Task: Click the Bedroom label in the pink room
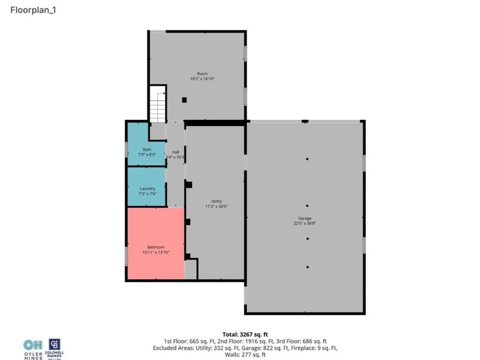pyautogui.click(x=155, y=247)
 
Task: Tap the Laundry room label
pyautogui.click(x=147, y=188)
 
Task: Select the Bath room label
pyautogui.click(x=147, y=149)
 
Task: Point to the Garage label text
pyautogui.click(x=305, y=218)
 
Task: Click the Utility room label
pyautogui.click(x=216, y=201)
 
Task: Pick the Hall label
pyautogui.click(x=176, y=152)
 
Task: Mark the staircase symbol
pyautogui.click(x=157, y=106)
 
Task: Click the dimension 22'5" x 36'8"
pyautogui.click(x=305, y=223)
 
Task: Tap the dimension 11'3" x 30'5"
pyautogui.click(x=216, y=206)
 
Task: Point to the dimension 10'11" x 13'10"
pyautogui.click(x=155, y=253)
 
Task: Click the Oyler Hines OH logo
pyautogui.click(x=33, y=345)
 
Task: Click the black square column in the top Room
pyautogui.click(x=185, y=100)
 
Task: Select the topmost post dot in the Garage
pyautogui.click(x=307, y=159)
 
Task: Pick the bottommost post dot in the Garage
pyautogui.click(x=307, y=267)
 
